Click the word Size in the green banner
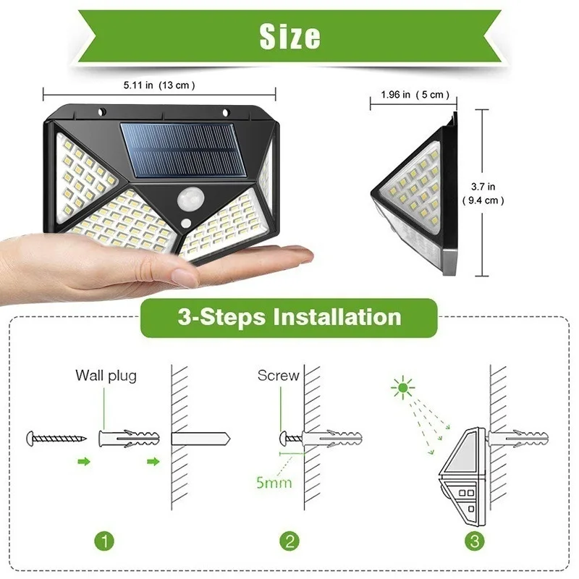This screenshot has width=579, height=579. click(x=289, y=36)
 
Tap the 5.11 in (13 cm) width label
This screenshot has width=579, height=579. click(x=159, y=85)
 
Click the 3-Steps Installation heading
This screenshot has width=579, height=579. click(x=289, y=317)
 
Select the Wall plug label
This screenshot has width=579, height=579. click(x=106, y=376)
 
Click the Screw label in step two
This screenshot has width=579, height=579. click(x=278, y=376)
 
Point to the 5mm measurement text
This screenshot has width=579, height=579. click(x=274, y=479)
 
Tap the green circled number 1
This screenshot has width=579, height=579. click(x=106, y=541)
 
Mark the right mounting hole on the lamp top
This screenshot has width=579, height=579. click(x=225, y=113)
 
